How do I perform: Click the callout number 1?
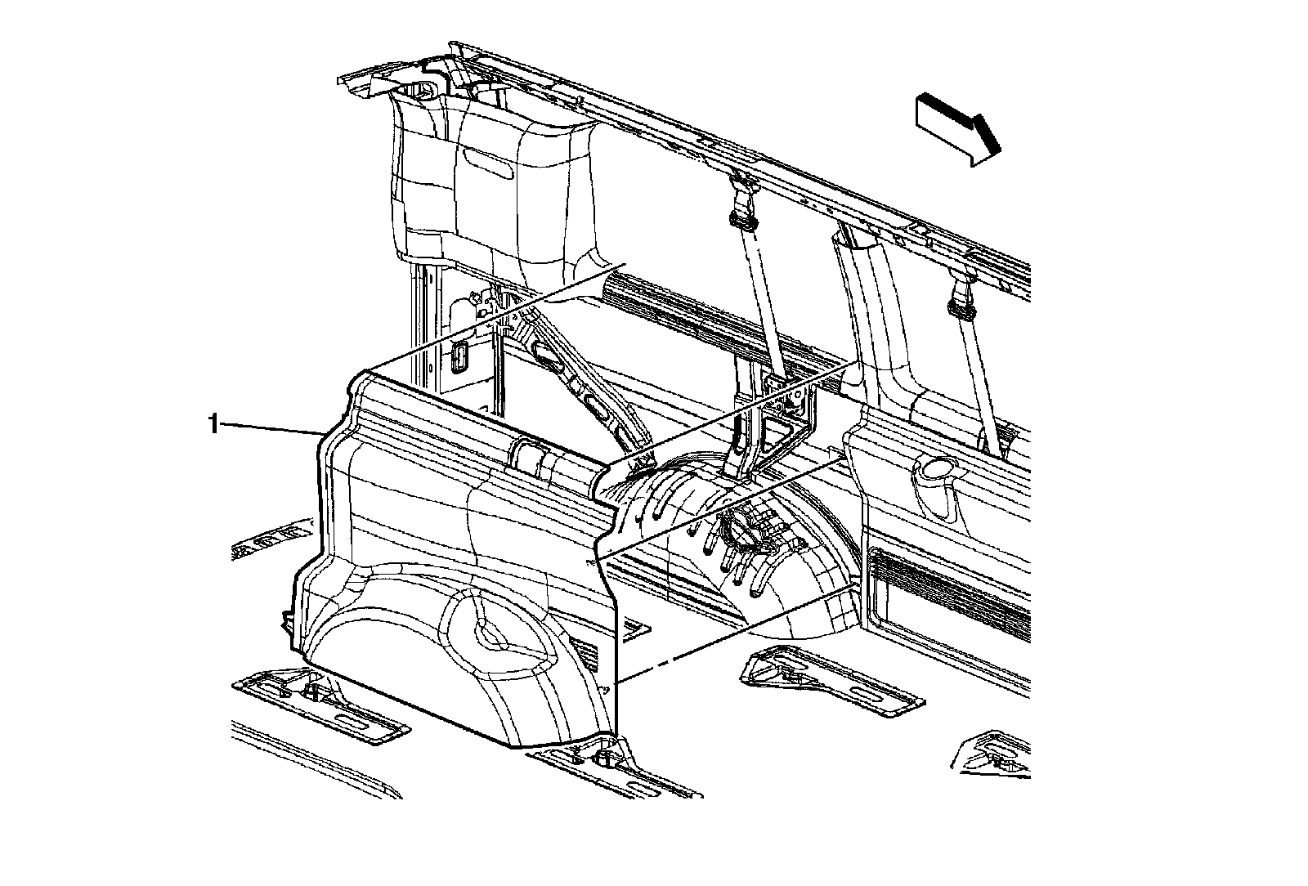pos(214,424)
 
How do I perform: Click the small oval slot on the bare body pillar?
pos(458,357)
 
